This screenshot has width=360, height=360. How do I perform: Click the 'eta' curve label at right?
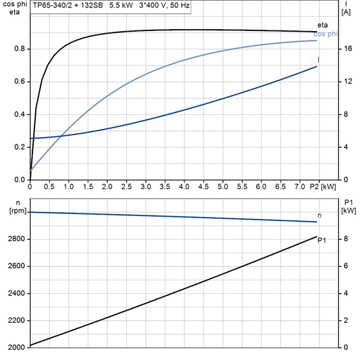[x=323, y=25]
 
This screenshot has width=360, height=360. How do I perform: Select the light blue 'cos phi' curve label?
[x=327, y=34]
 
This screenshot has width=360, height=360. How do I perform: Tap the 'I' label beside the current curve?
[x=319, y=60]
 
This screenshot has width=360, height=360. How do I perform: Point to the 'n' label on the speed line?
[x=319, y=215]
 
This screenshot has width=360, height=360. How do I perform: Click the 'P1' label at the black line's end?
[x=323, y=240]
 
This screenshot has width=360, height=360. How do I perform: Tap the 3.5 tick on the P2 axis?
[x=165, y=186]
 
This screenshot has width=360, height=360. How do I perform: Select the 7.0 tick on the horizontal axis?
[x=299, y=186]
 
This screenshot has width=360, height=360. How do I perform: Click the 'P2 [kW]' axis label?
[x=324, y=186]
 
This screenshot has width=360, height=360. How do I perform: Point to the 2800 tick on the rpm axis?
[x=16, y=239]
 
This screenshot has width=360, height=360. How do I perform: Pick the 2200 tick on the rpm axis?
[x=16, y=320]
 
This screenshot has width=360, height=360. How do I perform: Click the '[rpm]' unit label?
[x=14, y=211]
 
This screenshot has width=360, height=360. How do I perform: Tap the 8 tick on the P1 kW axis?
[x=345, y=239]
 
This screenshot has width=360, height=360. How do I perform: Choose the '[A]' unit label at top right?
[x=346, y=12]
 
